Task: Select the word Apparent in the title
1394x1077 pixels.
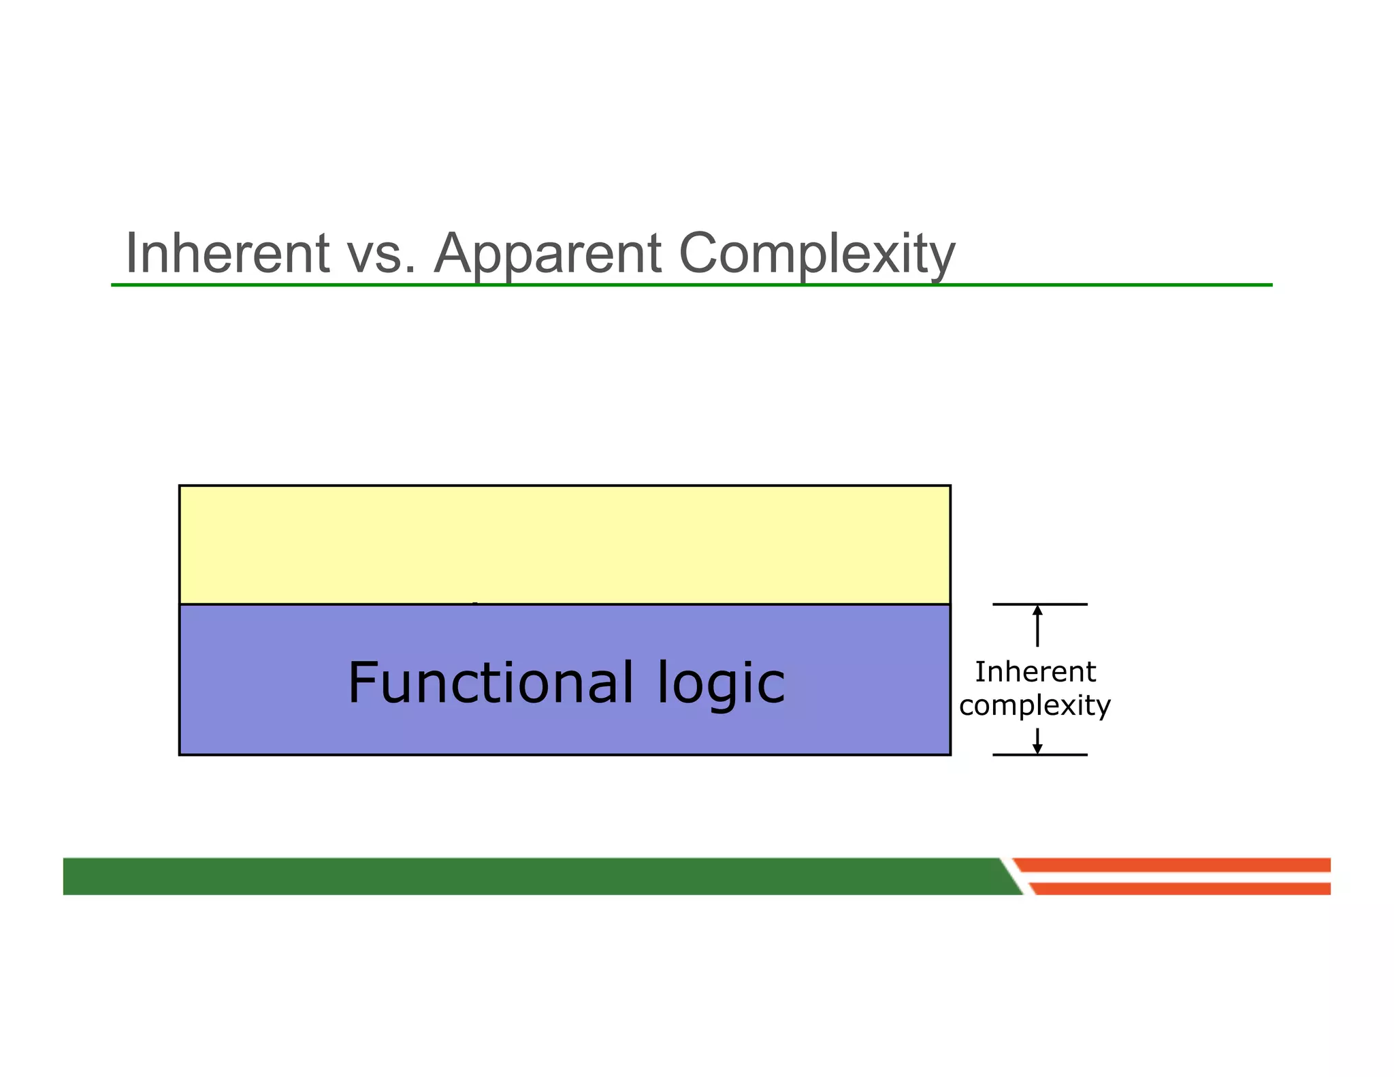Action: pos(547,255)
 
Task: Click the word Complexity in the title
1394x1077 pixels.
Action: pos(817,255)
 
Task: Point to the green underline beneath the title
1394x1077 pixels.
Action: pos(692,285)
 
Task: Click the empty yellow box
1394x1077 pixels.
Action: pos(564,544)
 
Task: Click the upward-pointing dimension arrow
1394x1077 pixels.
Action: pos(1037,625)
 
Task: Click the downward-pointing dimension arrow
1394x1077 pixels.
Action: pos(1037,741)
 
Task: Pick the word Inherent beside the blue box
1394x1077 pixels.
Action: pos(1035,672)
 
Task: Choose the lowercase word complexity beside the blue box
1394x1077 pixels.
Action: pos(1035,705)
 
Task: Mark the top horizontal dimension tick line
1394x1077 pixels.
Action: pos(1039,604)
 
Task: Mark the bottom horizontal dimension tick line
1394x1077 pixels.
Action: pos(1039,754)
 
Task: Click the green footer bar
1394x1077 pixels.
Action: pos(531,876)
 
